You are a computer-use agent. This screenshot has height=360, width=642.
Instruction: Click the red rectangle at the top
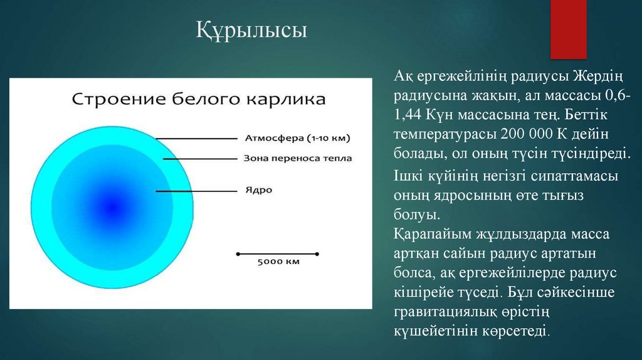point(567,28)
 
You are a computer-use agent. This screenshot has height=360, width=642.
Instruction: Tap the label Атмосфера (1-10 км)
point(297,137)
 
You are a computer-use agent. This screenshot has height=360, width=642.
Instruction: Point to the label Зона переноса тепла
point(297,159)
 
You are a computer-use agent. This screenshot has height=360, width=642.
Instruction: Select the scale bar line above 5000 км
point(277,254)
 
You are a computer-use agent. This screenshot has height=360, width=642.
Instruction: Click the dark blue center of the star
point(113,206)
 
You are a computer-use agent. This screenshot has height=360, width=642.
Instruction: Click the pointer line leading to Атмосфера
point(196,138)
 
